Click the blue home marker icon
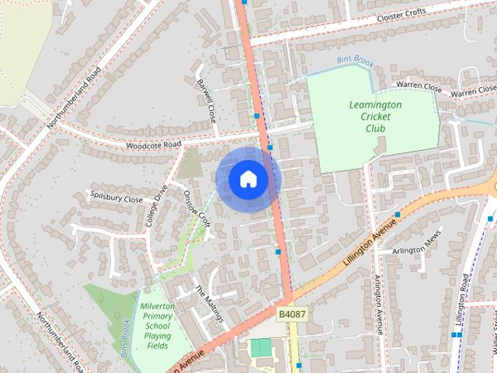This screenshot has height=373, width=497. click(248, 180)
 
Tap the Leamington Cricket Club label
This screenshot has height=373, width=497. click(375, 116)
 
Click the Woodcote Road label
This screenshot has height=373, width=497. click(153, 145)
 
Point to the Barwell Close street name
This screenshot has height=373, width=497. click(206, 102)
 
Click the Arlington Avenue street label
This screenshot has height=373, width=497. click(378, 304)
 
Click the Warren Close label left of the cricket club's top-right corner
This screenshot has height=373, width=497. click(419, 86)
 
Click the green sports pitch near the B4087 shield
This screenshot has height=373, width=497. click(261, 348)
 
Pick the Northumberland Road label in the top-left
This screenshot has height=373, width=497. click(75, 96)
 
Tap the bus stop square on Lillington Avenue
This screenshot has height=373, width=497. click(397, 214)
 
